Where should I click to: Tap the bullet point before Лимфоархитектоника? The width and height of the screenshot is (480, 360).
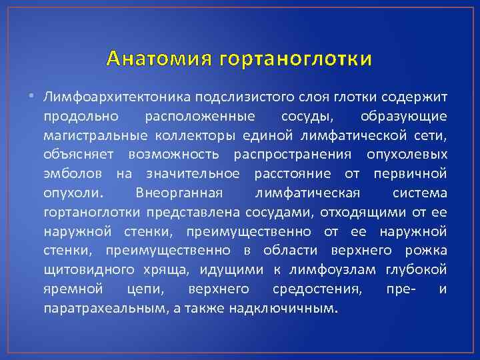tap(35, 97)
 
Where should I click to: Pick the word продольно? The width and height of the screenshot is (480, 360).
tap(81, 117)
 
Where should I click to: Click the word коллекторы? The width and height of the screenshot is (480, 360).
tap(191, 135)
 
